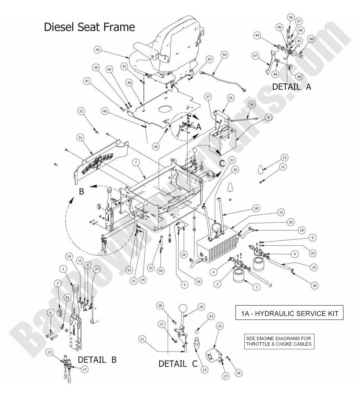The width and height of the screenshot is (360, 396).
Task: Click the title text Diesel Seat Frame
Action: (89, 27)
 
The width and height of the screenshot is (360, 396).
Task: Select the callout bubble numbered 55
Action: (224, 54)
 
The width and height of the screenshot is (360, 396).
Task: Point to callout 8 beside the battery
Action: (268, 117)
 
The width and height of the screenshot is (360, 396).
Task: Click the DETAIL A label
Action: (292, 87)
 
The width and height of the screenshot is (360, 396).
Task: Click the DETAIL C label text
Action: (178, 364)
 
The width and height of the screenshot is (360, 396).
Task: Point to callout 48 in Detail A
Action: (312, 39)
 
